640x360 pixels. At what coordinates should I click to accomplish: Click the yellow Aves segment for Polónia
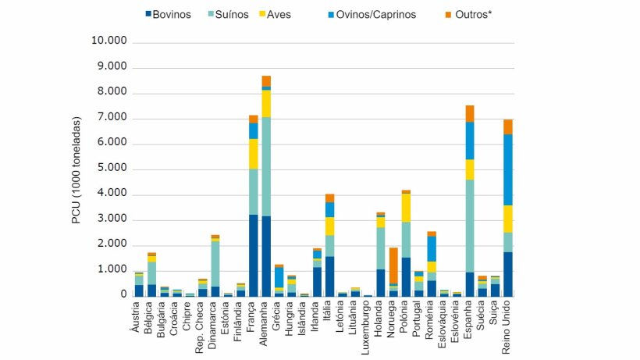[x=406, y=208]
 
